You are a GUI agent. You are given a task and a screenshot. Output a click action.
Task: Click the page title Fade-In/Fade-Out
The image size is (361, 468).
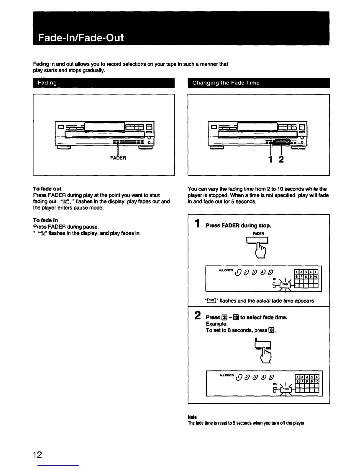click(x=81, y=38)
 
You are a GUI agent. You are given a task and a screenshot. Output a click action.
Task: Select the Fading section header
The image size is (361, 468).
click(x=47, y=83)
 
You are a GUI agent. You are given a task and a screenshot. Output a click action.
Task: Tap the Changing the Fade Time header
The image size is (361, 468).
click(x=226, y=83)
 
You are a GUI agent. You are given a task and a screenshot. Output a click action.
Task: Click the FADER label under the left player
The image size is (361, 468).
click(x=118, y=158)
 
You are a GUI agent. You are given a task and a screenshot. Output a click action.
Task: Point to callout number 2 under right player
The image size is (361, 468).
click(x=281, y=160)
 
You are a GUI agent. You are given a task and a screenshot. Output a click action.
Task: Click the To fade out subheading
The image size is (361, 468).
click(x=47, y=188)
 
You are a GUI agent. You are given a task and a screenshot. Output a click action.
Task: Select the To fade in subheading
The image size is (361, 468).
click(x=45, y=220)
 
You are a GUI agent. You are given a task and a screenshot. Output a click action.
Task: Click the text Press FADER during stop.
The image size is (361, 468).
click(x=238, y=225)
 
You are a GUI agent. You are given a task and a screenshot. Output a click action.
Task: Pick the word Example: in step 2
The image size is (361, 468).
click(x=216, y=324)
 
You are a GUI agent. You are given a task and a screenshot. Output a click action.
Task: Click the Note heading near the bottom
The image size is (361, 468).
click(x=192, y=417)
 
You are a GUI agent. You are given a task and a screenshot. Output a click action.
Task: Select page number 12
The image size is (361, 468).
click(x=37, y=455)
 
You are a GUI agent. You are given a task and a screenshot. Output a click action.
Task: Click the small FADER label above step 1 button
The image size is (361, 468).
click(x=258, y=233)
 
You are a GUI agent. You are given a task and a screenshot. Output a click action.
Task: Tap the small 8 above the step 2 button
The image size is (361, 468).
click(x=256, y=339)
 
